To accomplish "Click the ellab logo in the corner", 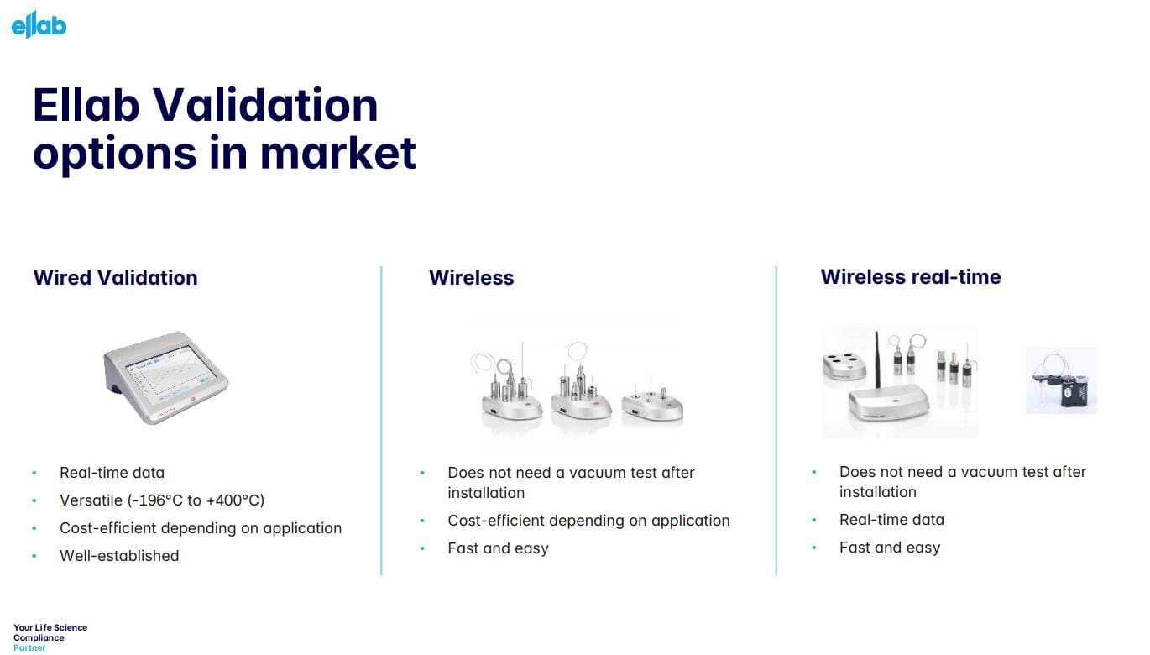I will coord(39,24).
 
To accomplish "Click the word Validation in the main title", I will coord(264,105).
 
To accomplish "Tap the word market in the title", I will coord(337,153).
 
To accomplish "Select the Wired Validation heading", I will coord(115,278).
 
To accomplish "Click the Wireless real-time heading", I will coord(910,277).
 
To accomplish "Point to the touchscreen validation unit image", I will coord(166,375).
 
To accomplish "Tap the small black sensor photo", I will coord(1061,380).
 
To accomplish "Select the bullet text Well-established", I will coord(118,556).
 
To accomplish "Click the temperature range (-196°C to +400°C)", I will coord(196,500).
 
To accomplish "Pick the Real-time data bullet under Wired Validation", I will coord(112,473).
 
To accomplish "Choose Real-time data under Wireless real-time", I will coord(891,520).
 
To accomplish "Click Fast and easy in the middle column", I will coord(498,548).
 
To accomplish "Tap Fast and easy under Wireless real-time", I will coord(890,548).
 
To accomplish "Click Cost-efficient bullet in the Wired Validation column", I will coord(200,528).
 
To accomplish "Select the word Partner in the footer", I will coord(29,647).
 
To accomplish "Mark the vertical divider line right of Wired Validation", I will coord(382,420).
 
